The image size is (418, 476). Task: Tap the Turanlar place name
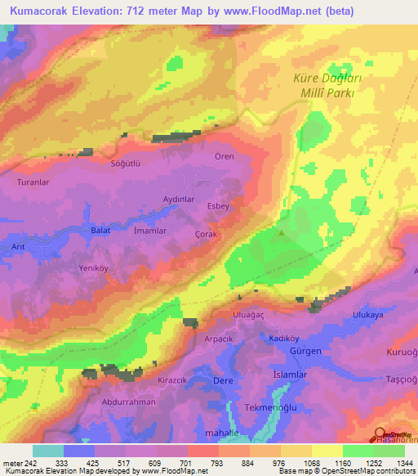point(34,182)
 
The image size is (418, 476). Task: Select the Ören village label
point(224,156)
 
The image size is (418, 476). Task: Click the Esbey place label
point(219,206)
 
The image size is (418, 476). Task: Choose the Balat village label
point(100,231)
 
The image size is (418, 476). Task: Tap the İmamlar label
point(150,231)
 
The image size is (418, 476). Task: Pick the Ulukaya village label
point(367,314)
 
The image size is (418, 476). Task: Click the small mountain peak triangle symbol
point(282,232)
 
